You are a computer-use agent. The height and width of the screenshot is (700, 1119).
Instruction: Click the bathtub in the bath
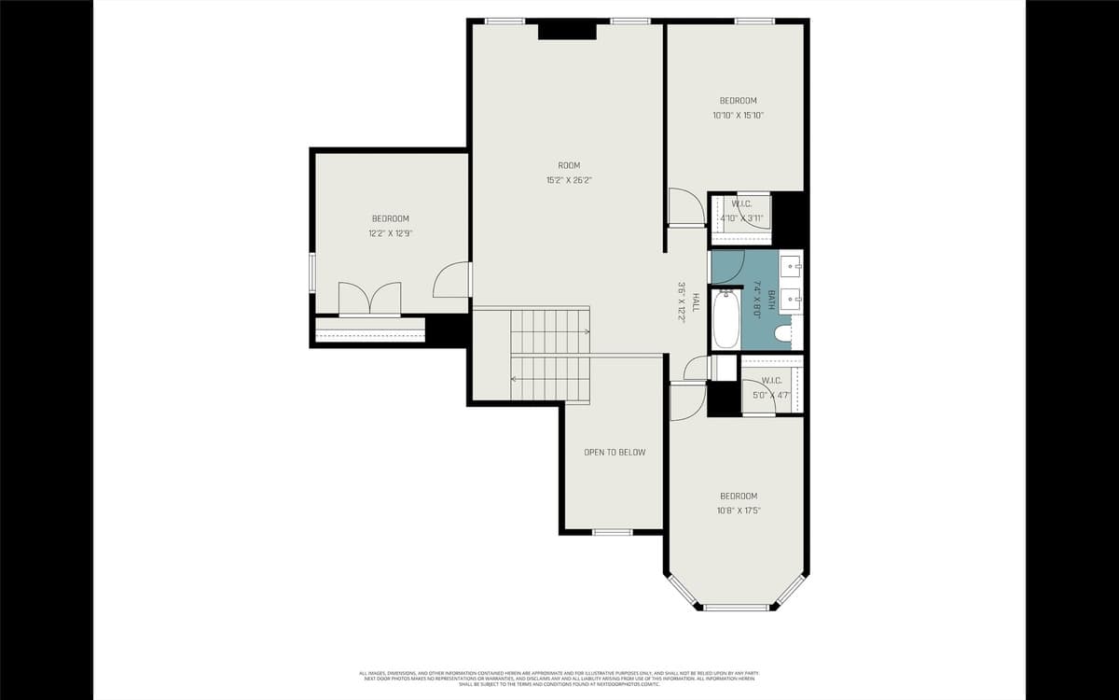pyautogui.click(x=725, y=319)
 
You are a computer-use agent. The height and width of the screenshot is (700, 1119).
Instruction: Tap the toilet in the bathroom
pyautogui.click(x=783, y=331)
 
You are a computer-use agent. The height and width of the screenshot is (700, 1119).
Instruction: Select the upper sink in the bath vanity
pyautogui.click(x=791, y=266)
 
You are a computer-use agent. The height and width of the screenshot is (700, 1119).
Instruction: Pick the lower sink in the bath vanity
pyautogui.click(x=791, y=300)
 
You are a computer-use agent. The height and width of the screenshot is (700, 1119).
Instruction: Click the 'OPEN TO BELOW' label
pyautogui.click(x=615, y=453)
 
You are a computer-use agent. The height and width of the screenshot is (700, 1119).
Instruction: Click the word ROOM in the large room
pyautogui.click(x=569, y=165)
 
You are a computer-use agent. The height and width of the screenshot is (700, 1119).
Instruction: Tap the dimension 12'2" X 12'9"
pyautogui.click(x=390, y=233)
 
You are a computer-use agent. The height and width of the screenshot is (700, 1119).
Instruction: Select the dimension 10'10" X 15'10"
pyautogui.click(x=738, y=116)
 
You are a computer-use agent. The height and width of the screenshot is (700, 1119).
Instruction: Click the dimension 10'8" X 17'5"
pyautogui.click(x=738, y=511)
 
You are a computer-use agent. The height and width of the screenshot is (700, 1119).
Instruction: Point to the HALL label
pyautogui.click(x=695, y=302)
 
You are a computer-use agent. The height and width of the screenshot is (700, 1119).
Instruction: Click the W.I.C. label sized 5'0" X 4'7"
pyautogui.click(x=771, y=381)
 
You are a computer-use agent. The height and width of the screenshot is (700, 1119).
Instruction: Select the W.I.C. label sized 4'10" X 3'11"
pyautogui.click(x=742, y=203)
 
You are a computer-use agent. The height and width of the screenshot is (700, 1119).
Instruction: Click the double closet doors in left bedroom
pyautogui.click(x=370, y=299)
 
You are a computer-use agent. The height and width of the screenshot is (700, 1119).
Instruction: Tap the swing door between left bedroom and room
pyautogui.click(x=453, y=280)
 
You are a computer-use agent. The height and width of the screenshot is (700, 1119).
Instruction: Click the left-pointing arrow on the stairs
pyautogui.click(x=514, y=379)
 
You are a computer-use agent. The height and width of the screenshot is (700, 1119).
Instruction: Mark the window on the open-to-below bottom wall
pyautogui.click(x=613, y=532)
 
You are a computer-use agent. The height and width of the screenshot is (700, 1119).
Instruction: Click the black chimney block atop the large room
pyautogui.click(x=567, y=30)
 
